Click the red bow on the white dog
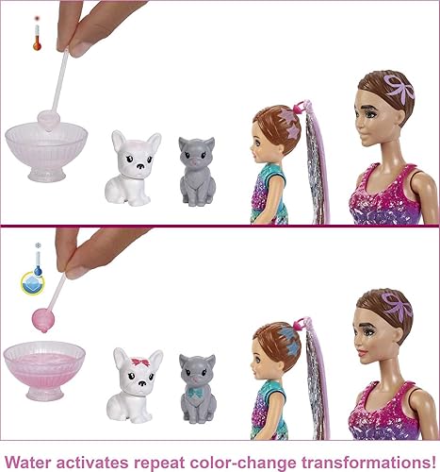pos(139,362)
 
